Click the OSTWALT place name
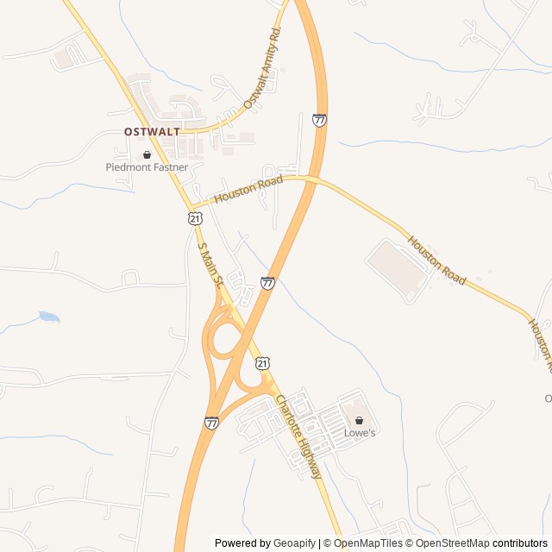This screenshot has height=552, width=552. pos(152,132)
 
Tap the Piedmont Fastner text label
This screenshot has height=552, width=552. pos(147,167)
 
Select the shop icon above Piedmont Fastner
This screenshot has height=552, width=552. pos(147,155)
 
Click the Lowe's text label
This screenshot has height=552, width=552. pos(360,433)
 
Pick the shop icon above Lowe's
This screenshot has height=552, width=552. pos(360,421)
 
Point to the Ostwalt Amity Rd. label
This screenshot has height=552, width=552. pos(263,66)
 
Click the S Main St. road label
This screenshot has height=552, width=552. pos(211,265)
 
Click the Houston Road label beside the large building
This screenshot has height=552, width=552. pos(436,261)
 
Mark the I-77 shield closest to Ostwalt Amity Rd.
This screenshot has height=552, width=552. pos(320,121)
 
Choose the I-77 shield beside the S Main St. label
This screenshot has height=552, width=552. pos(268,282)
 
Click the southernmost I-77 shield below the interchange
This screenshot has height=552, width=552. pos(211,423)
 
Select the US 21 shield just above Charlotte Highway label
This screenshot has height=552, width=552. pos(263,365)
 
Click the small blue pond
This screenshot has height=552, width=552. pos(49,317)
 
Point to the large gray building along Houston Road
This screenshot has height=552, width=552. pos(398,269)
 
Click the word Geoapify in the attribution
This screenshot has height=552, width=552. pos(294,543)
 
